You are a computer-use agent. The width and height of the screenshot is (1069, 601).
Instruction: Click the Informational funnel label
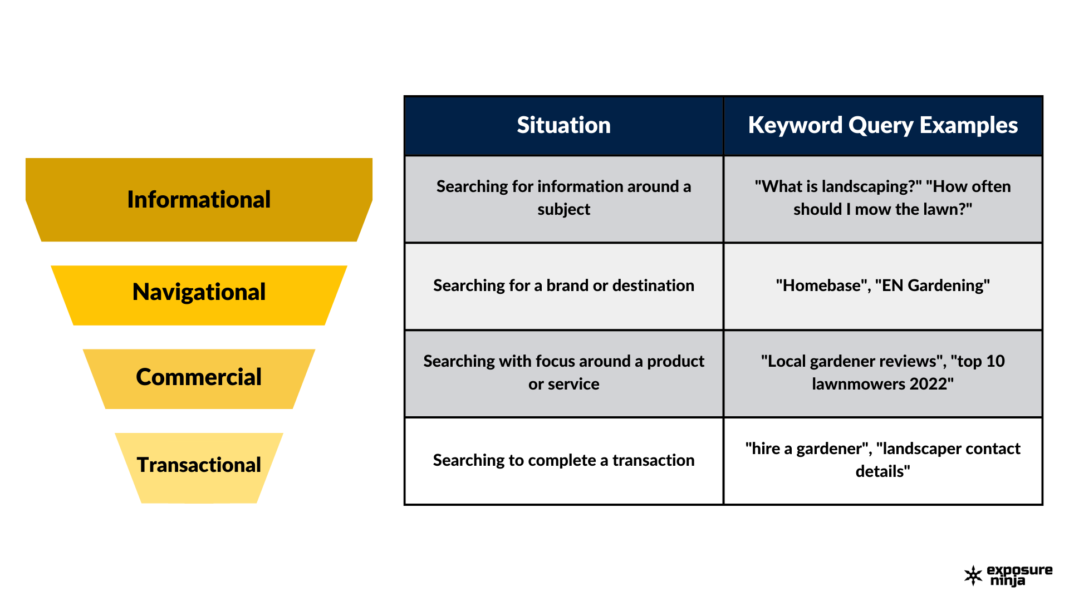[x=199, y=199]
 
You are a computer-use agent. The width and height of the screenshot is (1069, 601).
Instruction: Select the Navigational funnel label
[x=199, y=292]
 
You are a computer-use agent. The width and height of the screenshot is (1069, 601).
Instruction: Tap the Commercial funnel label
[x=199, y=377]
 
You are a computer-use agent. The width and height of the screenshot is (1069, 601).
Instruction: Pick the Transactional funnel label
[x=199, y=465]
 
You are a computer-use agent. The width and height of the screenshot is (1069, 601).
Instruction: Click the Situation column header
[x=563, y=125]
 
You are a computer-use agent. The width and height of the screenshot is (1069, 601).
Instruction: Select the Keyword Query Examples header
[x=883, y=126]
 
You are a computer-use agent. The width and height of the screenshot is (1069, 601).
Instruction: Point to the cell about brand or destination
[x=563, y=285]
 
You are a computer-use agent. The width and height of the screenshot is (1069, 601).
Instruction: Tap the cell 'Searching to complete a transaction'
[x=563, y=460]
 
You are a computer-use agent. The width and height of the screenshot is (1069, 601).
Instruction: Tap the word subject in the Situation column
[x=563, y=210]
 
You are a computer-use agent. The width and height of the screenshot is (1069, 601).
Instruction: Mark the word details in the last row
[x=882, y=471]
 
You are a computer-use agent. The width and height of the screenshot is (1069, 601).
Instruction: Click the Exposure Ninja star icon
[x=973, y=576]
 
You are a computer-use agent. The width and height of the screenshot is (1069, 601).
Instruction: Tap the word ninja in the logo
[x=1007, y=581]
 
